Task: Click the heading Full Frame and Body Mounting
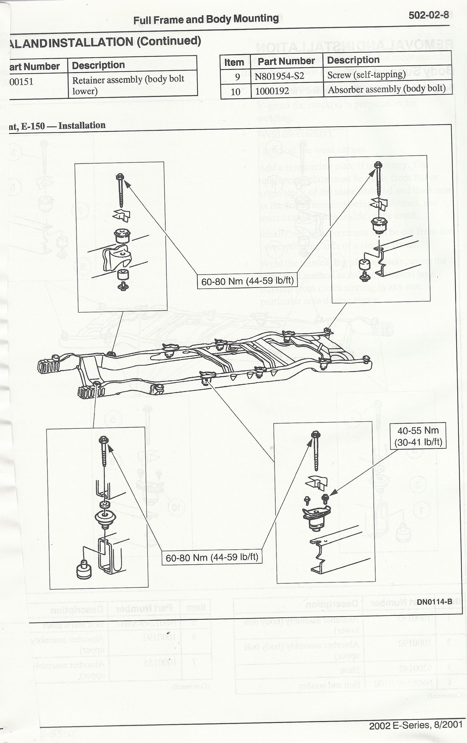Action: pos(206,19)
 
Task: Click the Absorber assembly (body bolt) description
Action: pos(386,89)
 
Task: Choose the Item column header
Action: pos(234,62)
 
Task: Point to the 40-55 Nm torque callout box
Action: pos(418,436)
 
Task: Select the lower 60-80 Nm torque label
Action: pos(212,557)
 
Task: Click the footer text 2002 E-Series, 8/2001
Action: pos(416,724)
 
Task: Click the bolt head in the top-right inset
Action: pos(378,164)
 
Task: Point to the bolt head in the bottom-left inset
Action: pos(103,440)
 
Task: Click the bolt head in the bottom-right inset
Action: pos(315,434)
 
